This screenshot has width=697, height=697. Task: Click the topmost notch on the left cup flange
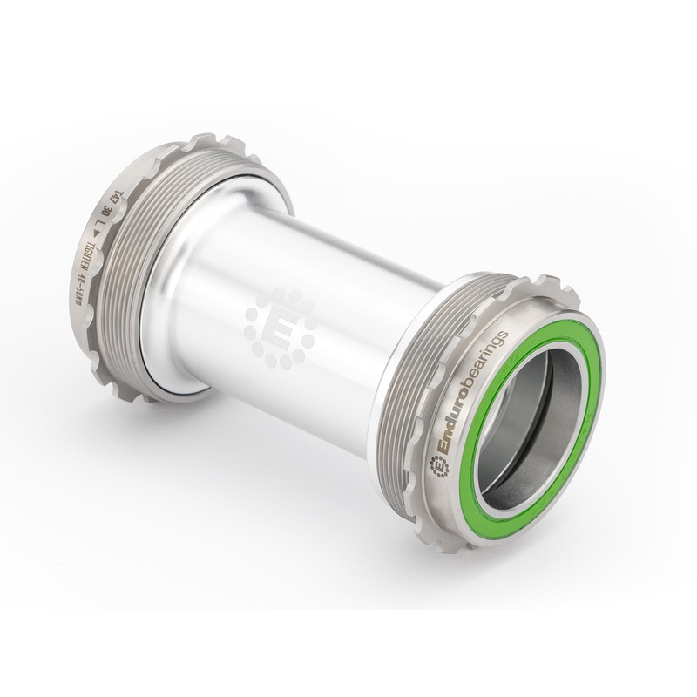[201, 139]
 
